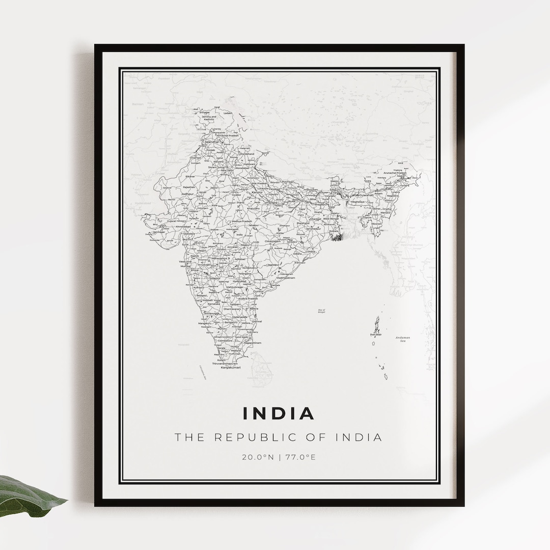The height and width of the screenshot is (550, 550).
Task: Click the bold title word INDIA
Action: coord(279,414)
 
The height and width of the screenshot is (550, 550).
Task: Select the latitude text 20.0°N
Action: coord(258,457)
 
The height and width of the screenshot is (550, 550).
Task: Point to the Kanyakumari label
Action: coord(230,367)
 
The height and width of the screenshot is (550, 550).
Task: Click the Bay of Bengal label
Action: coord(321,311)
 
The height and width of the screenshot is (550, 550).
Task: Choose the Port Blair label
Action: coord(376,335)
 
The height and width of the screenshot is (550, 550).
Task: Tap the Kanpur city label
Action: coord(264,192)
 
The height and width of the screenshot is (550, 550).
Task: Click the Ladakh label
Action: coord(228,113)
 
